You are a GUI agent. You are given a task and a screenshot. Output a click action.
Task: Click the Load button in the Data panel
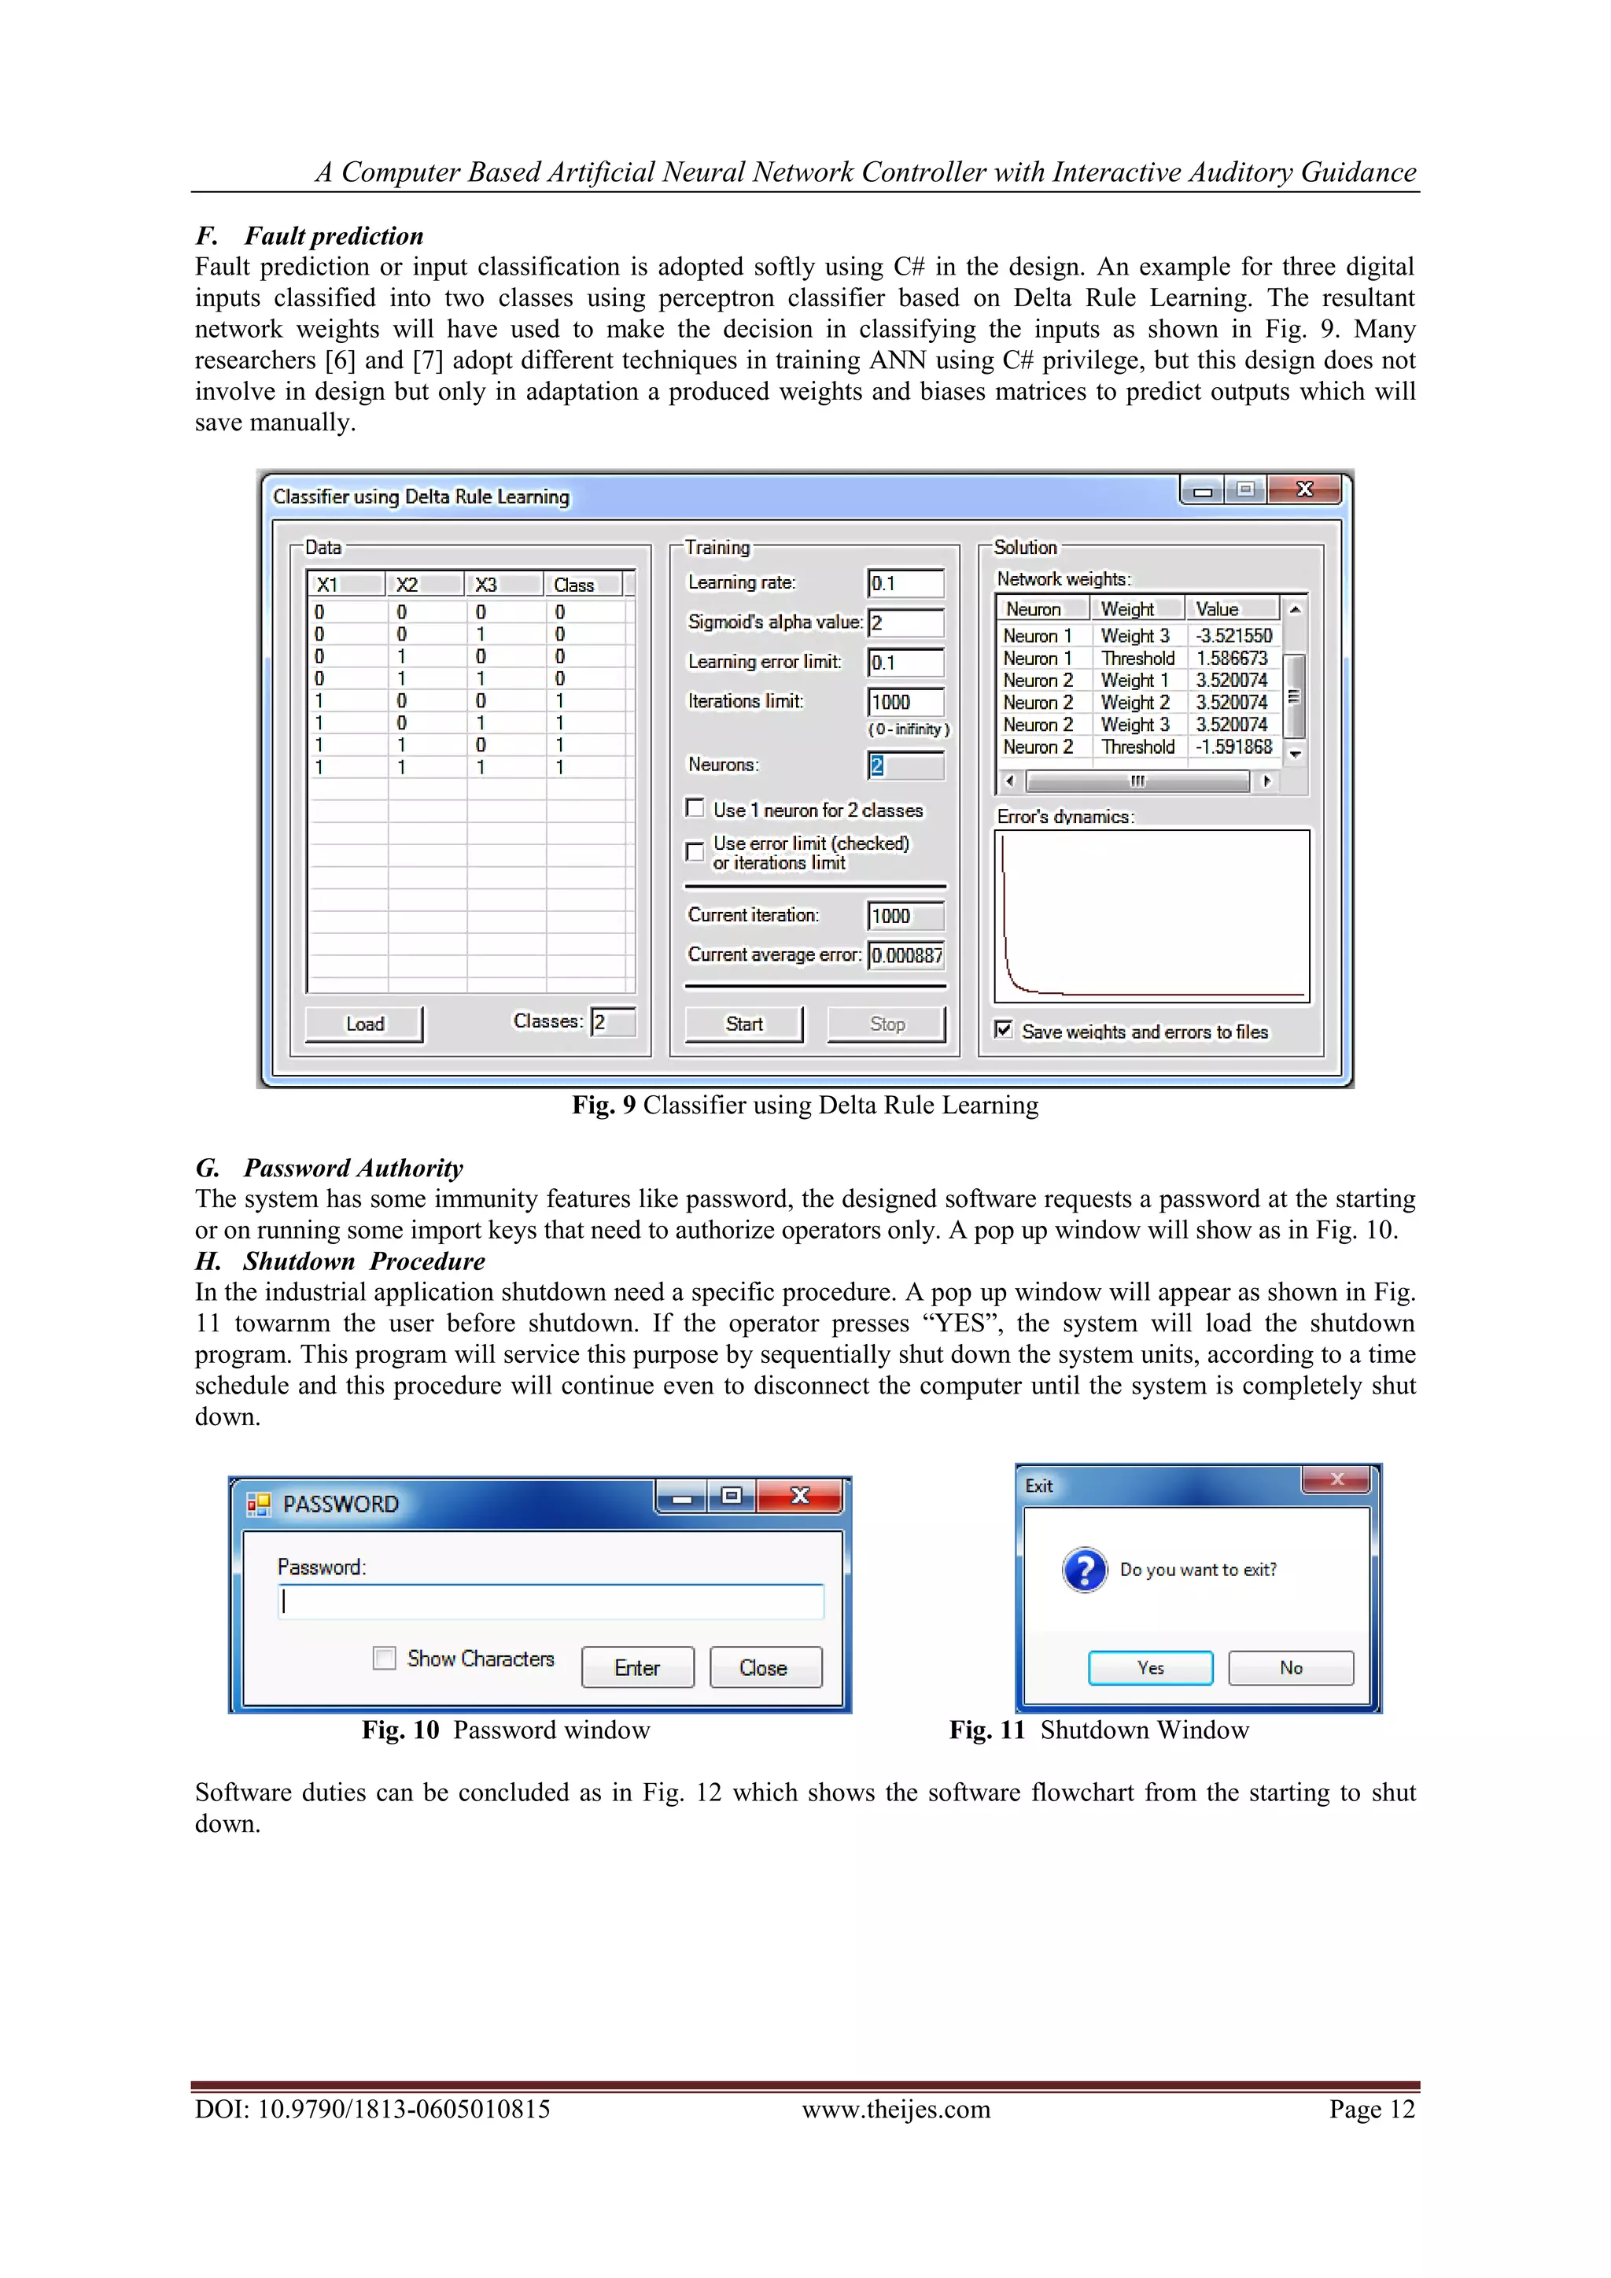point(364,1024)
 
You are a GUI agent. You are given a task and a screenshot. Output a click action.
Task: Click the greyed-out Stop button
point(887,1024)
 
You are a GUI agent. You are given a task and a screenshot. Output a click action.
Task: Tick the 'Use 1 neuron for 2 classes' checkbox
point(695,809)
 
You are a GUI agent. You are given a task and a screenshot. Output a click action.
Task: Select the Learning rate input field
point(905,583)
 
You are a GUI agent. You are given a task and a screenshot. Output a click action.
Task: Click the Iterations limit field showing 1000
point(905,703)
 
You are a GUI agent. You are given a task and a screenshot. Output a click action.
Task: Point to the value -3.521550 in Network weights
point(1233,636)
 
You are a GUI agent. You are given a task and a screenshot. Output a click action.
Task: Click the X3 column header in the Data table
point(486,585)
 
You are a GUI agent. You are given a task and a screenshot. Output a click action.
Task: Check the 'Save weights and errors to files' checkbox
point(1004,1030)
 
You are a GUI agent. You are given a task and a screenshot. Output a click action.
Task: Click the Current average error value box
point(905,955)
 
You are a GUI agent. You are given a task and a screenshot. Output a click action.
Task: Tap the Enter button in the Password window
point(637,1668)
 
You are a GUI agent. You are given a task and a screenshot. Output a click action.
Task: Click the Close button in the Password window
point(764,1668)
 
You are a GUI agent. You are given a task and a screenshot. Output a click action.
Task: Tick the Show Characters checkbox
point(385,1658)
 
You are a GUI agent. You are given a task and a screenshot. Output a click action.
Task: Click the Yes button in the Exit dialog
point(1151,1668)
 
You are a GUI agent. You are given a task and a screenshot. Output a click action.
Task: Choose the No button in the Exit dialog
point(1291,1668)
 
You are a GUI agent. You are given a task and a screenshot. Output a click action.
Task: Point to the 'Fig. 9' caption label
point(603,1106)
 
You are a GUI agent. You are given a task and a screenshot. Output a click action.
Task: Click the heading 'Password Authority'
point(353,1168)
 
